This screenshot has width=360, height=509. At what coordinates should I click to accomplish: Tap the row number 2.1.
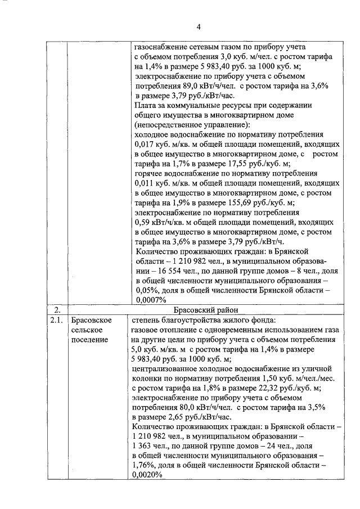pos(55,321)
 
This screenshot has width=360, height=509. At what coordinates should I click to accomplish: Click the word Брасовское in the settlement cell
pos(90,321)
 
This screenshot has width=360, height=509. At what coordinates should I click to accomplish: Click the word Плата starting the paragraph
pos(148,105)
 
